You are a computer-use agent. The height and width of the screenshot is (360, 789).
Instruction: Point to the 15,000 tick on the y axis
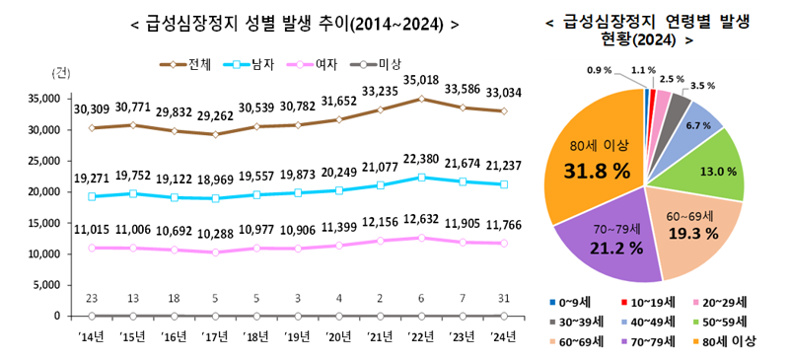tap(41, 223)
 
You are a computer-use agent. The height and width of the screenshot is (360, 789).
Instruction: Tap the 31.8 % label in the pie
tap(597, 171)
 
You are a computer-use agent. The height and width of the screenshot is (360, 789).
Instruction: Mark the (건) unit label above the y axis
tap(59, 74)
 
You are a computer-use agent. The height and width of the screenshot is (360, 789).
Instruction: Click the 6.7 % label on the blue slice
tap(698, 125)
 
